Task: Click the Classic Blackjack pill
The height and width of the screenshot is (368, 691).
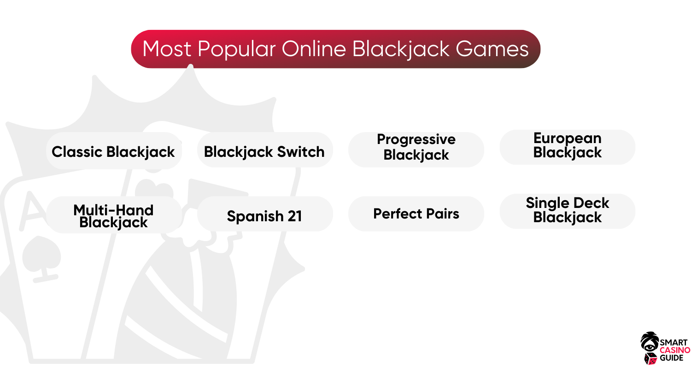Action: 114,150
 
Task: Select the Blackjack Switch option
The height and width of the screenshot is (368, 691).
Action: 265,149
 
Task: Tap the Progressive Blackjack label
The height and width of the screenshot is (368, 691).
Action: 416,149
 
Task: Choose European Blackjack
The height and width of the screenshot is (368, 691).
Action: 567,147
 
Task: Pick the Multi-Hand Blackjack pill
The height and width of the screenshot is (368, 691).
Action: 114,215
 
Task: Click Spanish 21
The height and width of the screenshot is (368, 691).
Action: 265,214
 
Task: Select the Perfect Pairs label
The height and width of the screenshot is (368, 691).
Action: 416,214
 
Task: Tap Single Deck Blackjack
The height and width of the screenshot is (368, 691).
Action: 567,211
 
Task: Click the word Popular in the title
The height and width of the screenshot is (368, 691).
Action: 236,49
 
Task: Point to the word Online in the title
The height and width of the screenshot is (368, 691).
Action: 314,49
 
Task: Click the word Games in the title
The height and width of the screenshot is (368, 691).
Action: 492,49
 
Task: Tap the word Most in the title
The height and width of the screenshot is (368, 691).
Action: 167,49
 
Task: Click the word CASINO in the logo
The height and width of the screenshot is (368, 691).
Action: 675,350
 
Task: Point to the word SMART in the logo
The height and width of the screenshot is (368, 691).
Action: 673,342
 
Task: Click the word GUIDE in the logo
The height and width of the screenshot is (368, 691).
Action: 672,358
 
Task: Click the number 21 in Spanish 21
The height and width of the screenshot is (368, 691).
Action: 295,216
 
